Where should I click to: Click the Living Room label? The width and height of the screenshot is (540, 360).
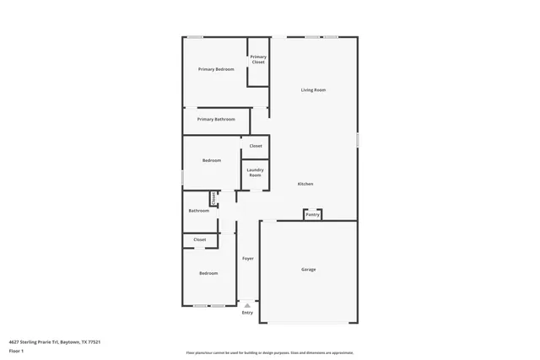(314, 89)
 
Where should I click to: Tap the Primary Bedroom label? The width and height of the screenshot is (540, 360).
(216, 69)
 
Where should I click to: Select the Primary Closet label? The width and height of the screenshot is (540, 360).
(258, 59)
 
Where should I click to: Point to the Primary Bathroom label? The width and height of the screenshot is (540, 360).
(216, 120)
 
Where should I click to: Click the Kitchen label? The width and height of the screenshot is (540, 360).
(305, 184)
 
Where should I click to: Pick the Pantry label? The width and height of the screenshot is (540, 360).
(312, 214)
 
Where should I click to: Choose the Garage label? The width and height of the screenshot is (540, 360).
(309, 269)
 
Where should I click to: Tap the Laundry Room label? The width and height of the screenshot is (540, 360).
(255, 172)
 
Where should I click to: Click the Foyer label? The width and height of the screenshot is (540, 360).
(248, 258)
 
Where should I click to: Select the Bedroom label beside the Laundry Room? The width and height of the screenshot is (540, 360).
(211, 160)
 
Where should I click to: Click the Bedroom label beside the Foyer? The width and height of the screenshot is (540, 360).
(208, 273)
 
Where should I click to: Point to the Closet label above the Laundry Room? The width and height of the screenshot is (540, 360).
(255, 146)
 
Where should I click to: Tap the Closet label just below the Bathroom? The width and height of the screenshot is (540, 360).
(199, 239)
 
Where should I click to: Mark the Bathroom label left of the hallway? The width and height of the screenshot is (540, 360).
(198, 211)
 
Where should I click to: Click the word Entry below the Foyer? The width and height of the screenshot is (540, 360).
(247, 313)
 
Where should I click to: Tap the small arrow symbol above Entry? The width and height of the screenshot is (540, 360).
(247, 305)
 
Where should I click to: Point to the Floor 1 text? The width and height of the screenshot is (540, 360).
(16, 350)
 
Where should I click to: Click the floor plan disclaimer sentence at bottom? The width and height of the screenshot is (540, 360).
(269, 353)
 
